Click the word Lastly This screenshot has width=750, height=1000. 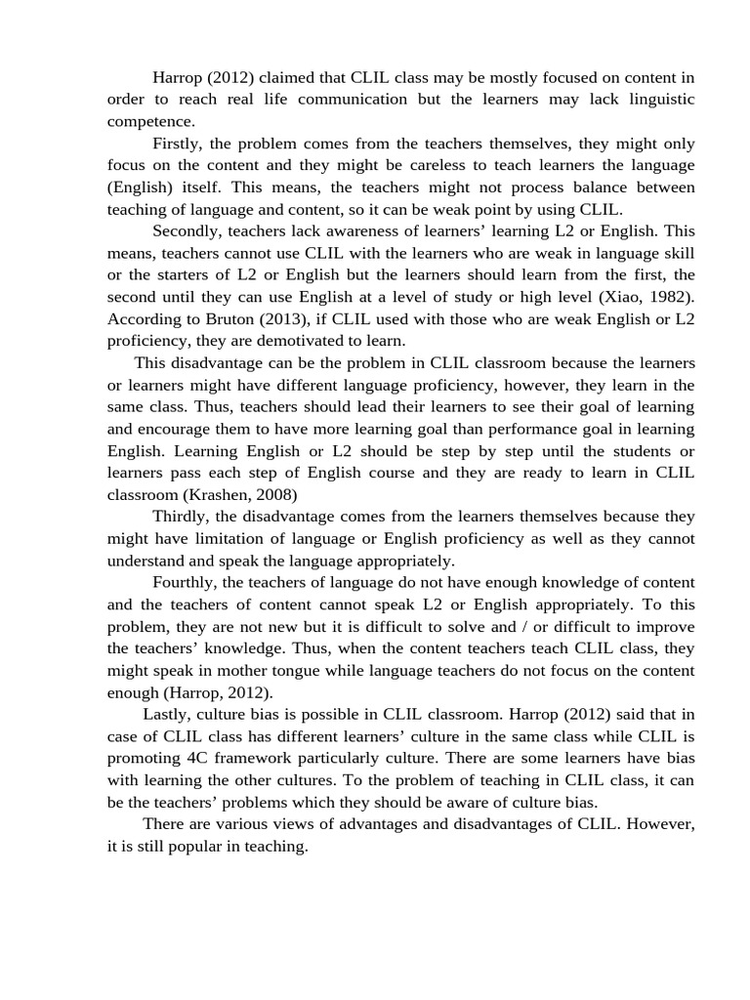[167, 713]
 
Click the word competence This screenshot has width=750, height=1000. [150, 121]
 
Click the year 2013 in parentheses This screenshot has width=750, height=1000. [285, 318]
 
